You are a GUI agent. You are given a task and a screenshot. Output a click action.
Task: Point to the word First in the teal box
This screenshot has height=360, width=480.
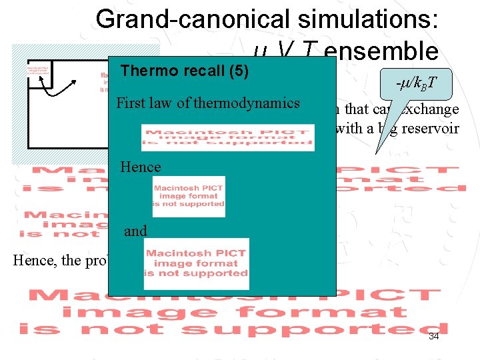pyautogui.click(x=131, y=103)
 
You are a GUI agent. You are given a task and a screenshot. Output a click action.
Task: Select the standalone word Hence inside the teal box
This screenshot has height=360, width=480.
pyautogui.click(x=141, y=167)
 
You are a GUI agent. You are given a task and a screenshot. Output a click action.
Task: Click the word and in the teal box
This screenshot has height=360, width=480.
pyautogui.click(x=135, y=231)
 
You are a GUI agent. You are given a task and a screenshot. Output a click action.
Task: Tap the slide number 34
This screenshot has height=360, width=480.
pyautogui.click(x=433, y=336)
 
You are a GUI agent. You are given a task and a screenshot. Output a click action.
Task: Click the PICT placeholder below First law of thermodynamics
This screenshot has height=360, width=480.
pyautogui.click(x=227, y=137)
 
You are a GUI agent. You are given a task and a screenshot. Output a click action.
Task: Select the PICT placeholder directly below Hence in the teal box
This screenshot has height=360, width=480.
pyautogui.click(x=189, y=196)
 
